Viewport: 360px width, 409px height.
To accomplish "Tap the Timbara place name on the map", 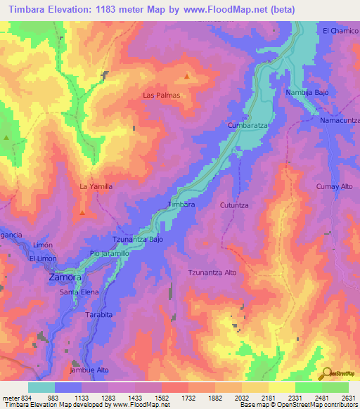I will click(x=180, y=204).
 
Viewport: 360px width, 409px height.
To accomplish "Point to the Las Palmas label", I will click(x=162, y=95).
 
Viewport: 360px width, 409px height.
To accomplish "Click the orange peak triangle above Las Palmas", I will click(x=186, y=76).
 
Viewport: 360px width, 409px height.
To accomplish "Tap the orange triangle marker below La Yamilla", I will click(x=82, y=212).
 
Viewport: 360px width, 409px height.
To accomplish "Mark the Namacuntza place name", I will click(x=340, y=121).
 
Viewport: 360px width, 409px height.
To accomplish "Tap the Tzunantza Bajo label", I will click(x=138, y=239).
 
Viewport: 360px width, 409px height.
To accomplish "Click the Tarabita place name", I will click(x=96, y=316).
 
